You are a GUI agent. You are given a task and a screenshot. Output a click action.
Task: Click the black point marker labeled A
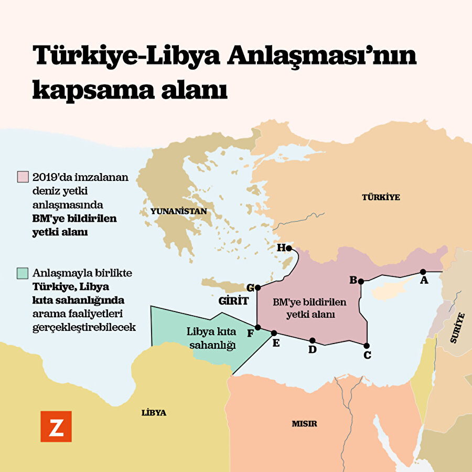coord(423,272)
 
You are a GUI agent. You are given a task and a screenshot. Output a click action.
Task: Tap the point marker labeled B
coord(361,281)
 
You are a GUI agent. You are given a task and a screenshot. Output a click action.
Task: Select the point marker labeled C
coord(366,345)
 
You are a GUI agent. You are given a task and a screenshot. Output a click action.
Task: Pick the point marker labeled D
coord(313,340)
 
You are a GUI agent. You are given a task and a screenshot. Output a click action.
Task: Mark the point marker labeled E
coord(274,333)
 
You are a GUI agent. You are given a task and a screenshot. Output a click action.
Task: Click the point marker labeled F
coord(258,327)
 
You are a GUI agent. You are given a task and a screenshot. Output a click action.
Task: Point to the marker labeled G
coord(258,287)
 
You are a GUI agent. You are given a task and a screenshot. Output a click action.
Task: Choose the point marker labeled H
coord(288,248)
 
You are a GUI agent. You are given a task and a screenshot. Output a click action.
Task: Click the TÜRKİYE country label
coord(381,197)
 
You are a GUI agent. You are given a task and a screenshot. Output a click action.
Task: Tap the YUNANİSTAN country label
coord(178,211)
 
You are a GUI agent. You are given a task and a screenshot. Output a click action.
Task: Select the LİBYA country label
coord(154,413)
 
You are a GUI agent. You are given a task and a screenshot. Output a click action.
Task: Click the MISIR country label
coord(304,424)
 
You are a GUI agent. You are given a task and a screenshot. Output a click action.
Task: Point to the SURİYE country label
coord(457,328)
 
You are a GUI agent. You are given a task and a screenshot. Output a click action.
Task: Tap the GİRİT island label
coord(233,302)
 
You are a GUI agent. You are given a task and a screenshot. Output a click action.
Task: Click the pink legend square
coord(23,176)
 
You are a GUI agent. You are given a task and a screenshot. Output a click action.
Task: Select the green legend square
coord(23,273)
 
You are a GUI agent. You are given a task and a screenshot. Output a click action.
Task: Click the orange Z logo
coord(56,426)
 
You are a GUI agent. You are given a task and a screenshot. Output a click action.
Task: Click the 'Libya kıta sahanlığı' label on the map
coord(211,338)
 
